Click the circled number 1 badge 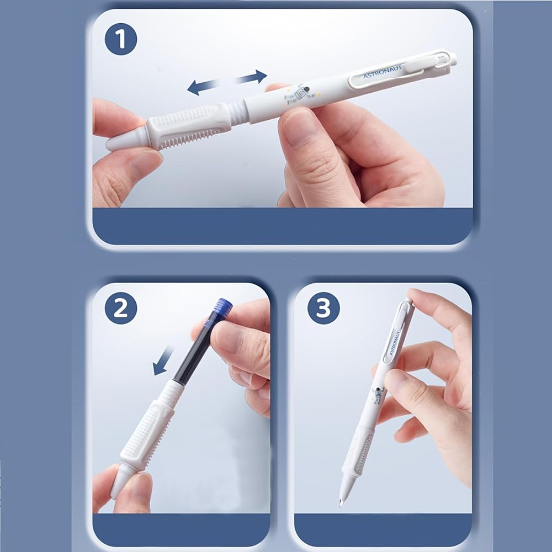121,39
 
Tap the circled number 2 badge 121,308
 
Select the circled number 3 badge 323,308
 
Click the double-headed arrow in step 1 227,82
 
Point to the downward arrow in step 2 163,361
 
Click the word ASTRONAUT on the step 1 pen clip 383,71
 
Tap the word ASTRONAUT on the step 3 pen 394,343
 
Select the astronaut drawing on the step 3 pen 378,395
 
